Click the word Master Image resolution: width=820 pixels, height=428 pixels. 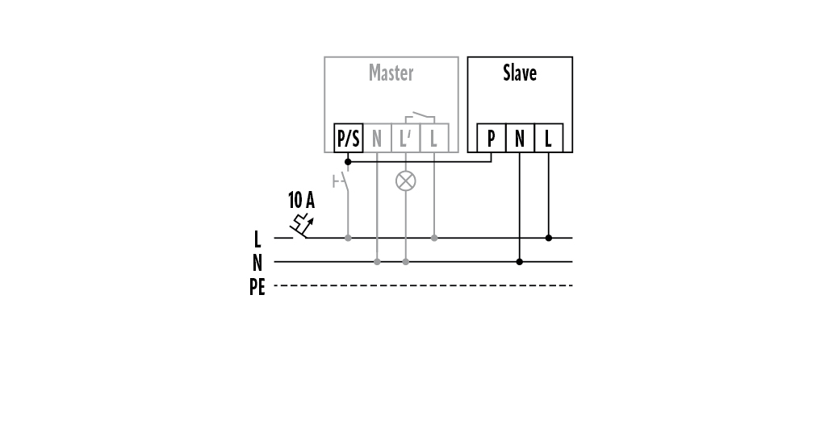[391, 73]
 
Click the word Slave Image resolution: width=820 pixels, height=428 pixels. [520, 73]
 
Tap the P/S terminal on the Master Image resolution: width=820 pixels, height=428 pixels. [348, 139]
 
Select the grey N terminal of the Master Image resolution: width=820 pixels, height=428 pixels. [377, 139]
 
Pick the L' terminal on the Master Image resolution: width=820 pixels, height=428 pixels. [405, 139]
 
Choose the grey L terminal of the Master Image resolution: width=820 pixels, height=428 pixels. [434, 139]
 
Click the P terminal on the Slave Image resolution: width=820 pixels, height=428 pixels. [491, 139]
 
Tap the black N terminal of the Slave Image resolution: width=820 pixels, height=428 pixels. [520, 139]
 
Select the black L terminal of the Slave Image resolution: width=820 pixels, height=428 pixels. [548, 139]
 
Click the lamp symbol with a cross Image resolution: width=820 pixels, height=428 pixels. [405, 181]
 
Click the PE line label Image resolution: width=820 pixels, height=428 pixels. [257, 287]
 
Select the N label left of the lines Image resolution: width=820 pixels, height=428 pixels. [257, 263]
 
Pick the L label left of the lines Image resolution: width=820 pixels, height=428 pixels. [257, 239]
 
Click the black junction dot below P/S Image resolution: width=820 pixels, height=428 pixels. [348, 161]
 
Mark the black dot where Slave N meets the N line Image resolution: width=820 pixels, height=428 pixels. [520, 262]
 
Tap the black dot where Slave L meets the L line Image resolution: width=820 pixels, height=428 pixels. [549, 238]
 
